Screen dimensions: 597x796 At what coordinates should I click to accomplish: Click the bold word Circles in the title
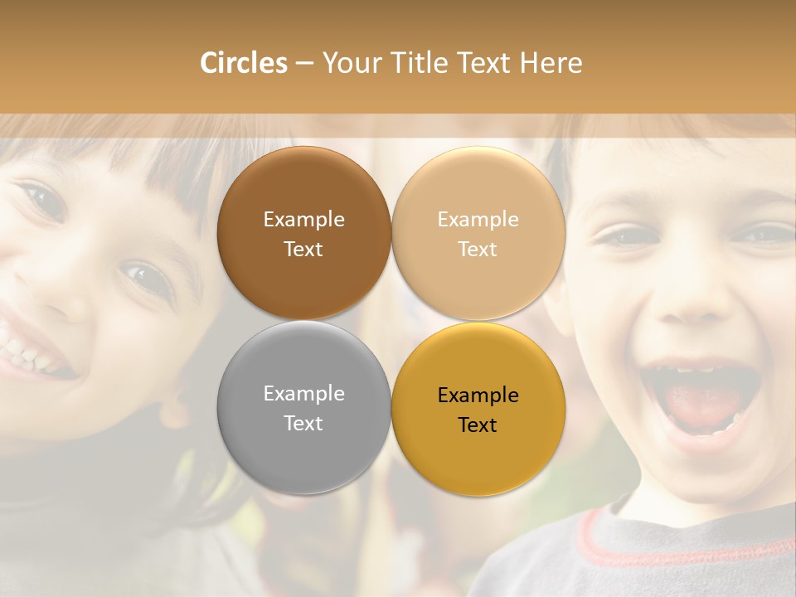(x=243, y=63)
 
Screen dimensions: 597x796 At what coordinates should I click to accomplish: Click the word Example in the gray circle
(x=303, y=394)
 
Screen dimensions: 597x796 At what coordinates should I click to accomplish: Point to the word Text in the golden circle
(x=478, y=425)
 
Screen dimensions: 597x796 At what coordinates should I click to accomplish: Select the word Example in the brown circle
(x=303, y=220)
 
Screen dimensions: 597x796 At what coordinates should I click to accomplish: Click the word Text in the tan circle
(x=478, y=250)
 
